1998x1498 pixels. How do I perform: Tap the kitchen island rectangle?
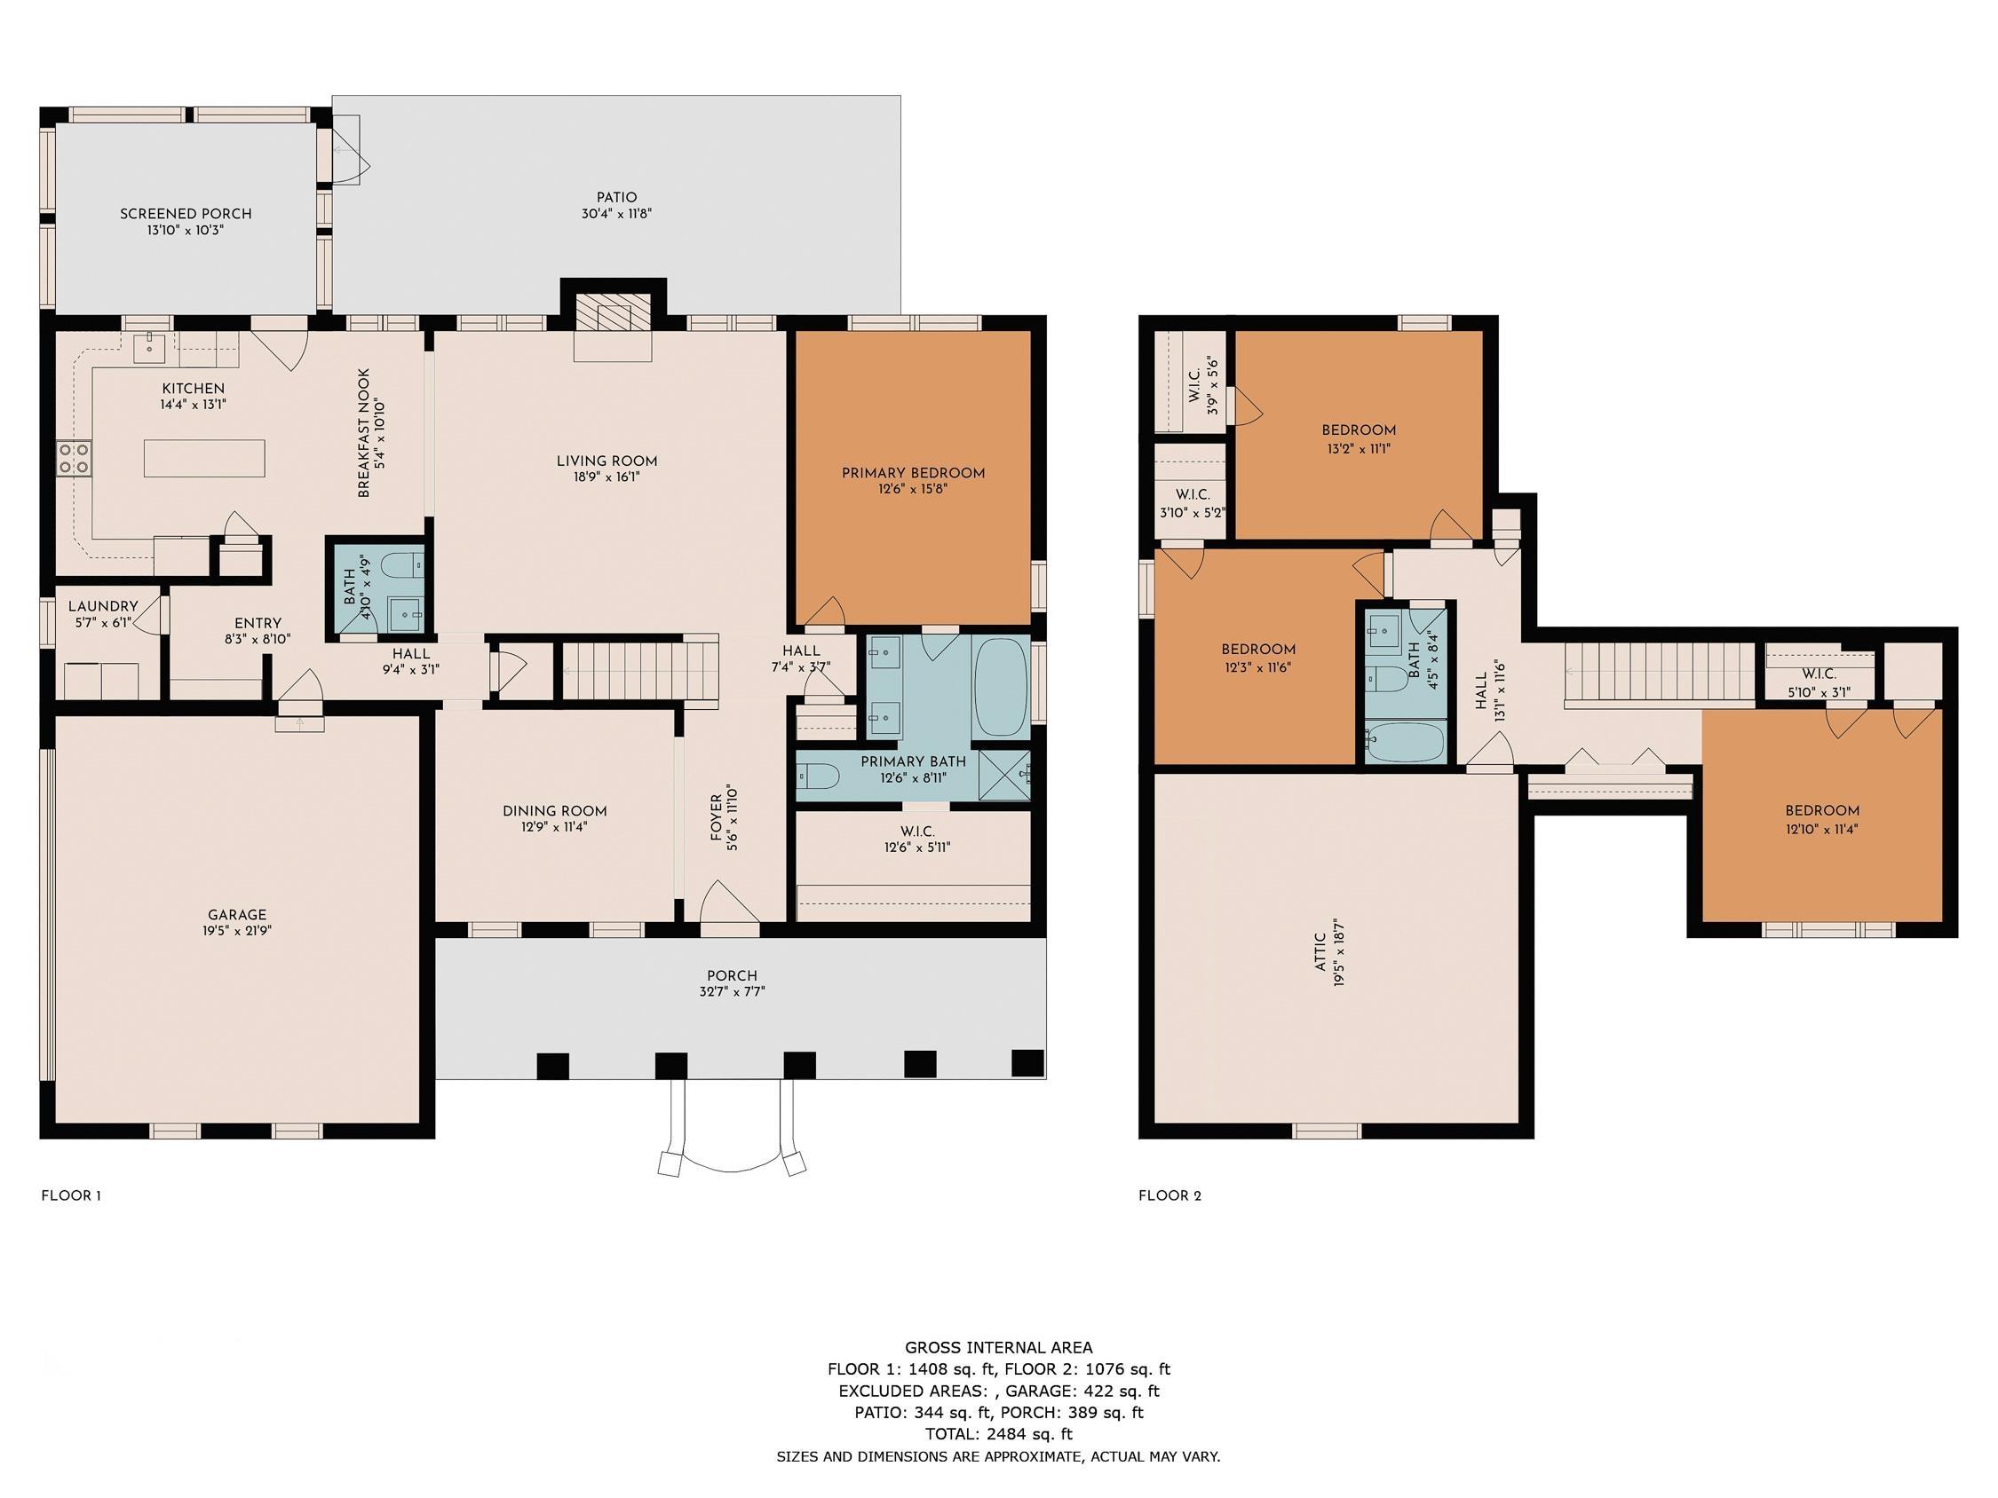pos(204,458)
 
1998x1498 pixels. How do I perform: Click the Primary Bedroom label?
pos(912,473)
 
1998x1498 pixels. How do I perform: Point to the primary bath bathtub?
pos(1001,686)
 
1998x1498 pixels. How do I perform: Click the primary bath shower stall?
pos(1004,775)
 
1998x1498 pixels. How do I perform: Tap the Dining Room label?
pos(555,811)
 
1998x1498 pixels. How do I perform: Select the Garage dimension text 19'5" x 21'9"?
pos(238,931)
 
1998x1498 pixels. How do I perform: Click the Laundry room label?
pos(103,607)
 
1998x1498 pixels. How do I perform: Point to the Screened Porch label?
pos(186,214)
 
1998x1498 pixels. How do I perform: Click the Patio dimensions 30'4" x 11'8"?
pos(617,214)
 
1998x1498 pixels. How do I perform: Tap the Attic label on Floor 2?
pos(1320,952)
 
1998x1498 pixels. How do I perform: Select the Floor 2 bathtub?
pos(1406,741)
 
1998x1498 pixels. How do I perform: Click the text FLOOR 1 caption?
pos(71,1195)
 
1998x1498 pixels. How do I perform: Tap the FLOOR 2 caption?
pos(1169,1195)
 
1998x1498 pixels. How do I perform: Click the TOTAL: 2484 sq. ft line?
pos(998,1434)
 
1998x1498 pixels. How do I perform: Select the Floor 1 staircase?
pos(640,669)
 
